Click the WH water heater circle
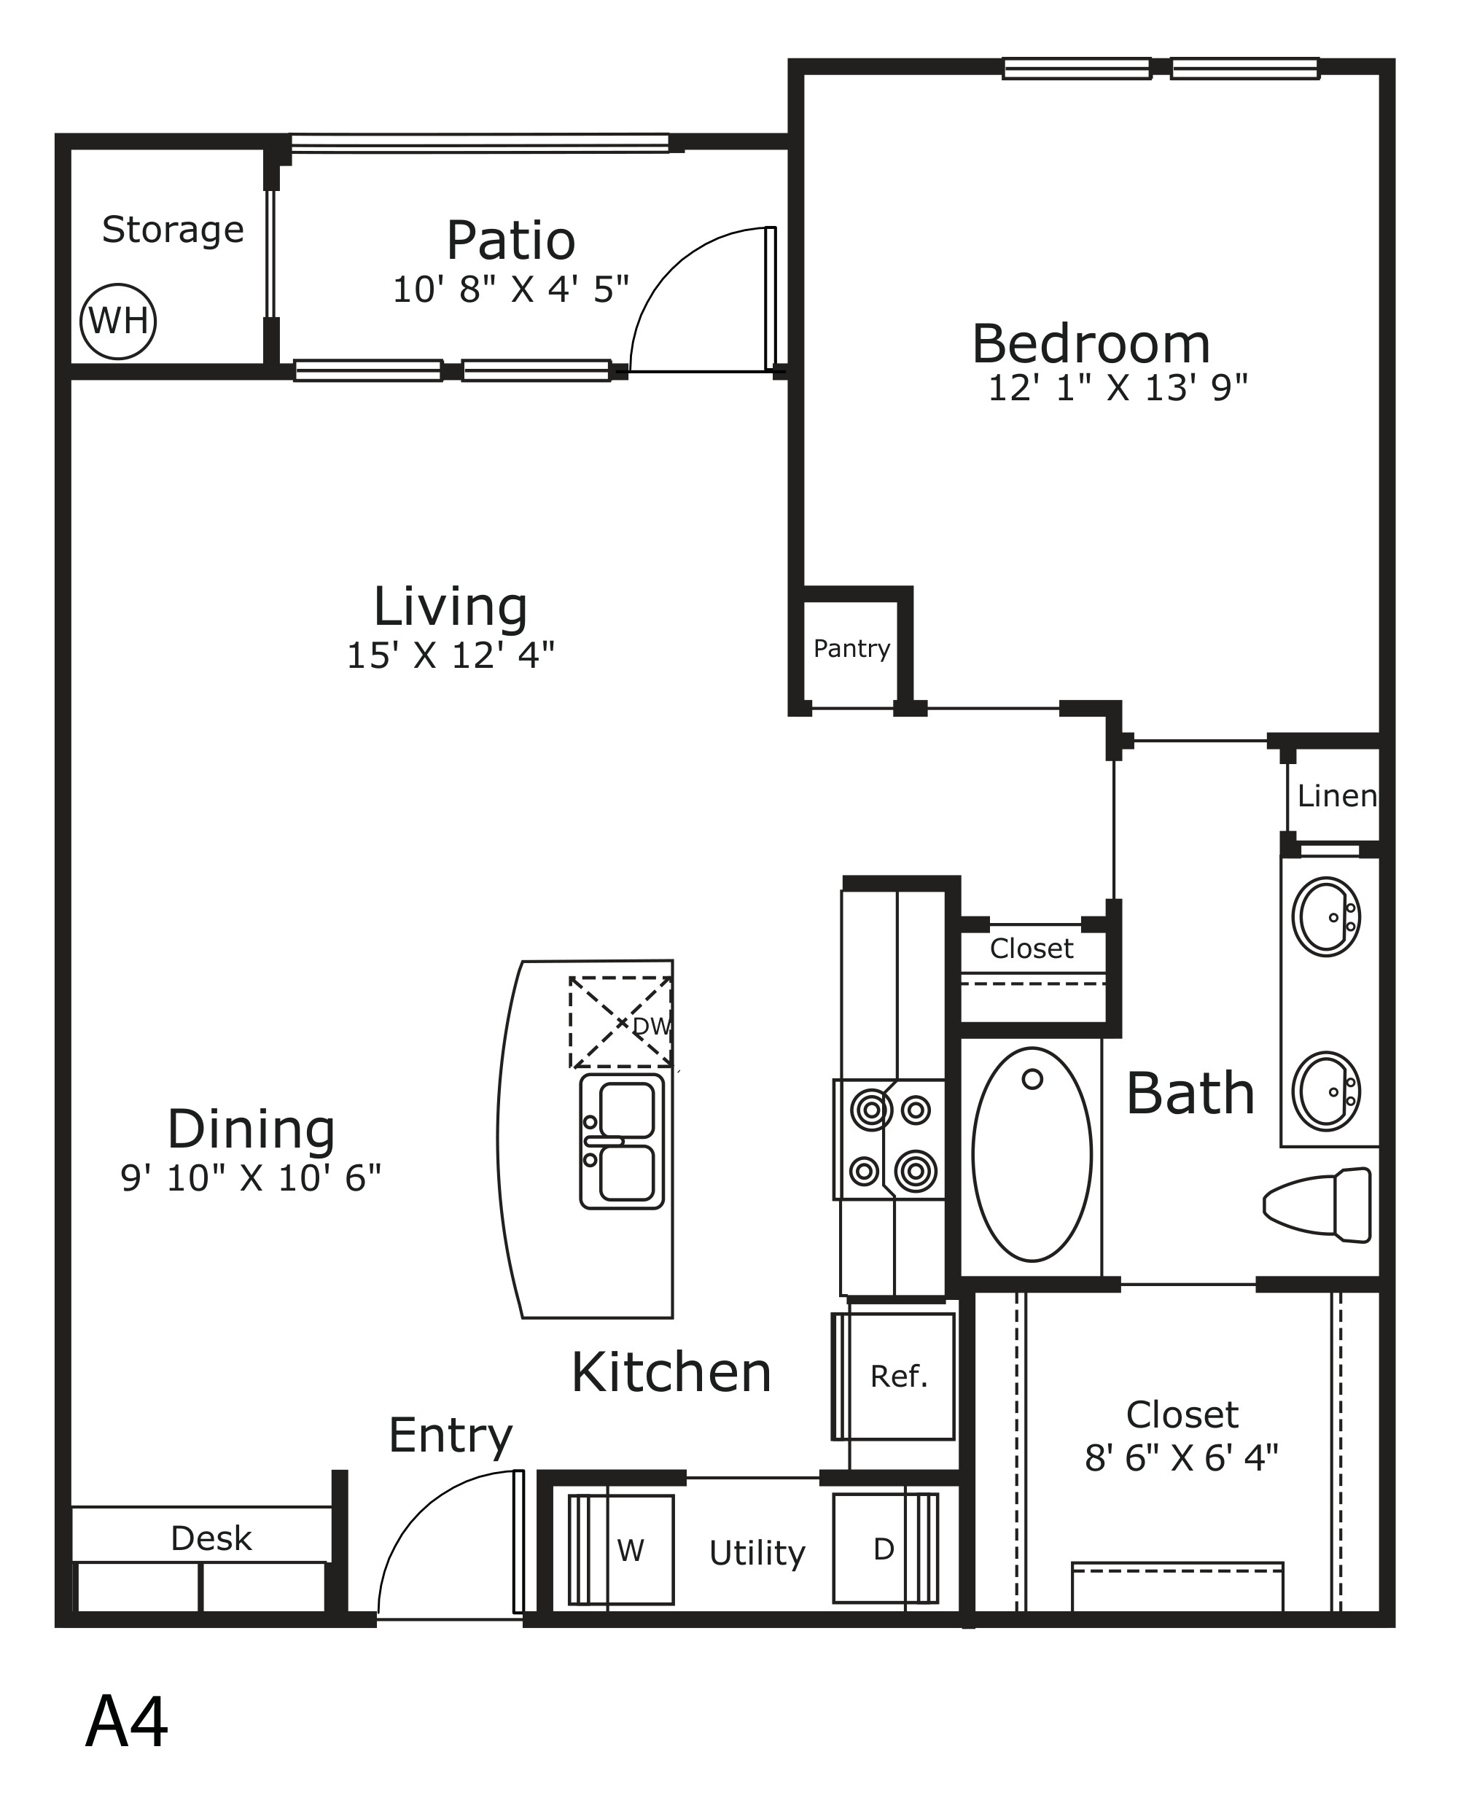coord(118,321)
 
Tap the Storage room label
coord(173,230)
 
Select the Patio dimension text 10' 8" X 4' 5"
coord(510,289)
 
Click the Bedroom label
coord(1091,344)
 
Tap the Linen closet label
coord(1337,795)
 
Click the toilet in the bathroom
coord(1317,1204)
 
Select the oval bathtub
coord(1032,1154)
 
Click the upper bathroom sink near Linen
coord(1326,917)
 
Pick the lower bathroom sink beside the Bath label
coord(1326,1091)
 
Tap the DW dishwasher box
coord(620,1022)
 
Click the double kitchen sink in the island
coord(623,1141)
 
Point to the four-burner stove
coord(890,1139)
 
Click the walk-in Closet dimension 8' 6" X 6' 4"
coord(1182,1458)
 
